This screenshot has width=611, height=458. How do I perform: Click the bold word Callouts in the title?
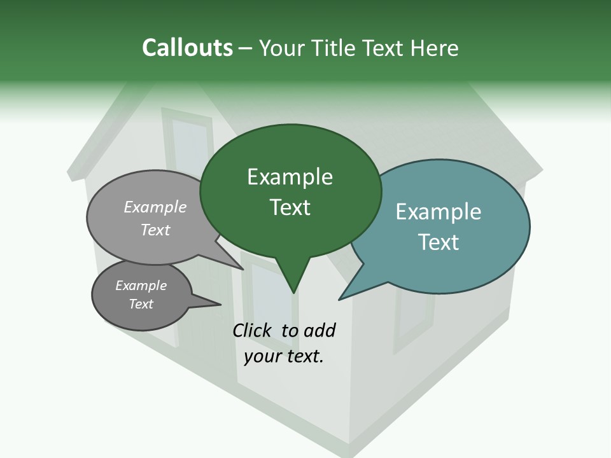tap(187, 48)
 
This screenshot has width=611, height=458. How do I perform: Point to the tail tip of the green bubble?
tap(293, 292)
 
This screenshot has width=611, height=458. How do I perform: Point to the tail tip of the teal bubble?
tap(341, 299)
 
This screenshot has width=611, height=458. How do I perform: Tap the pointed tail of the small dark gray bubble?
tap(218, 304)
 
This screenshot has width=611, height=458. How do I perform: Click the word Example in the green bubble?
tap(290, 177)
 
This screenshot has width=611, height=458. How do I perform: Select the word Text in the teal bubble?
tap(439, 242)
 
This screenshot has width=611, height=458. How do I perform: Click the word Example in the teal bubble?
tap(439, 212)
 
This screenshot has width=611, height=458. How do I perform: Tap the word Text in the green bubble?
tap(290, 207)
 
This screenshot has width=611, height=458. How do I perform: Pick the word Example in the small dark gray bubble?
tap(141, 286)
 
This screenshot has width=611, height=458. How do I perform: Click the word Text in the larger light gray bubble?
tap(155, 230)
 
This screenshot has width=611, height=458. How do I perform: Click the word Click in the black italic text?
tap(253, 330)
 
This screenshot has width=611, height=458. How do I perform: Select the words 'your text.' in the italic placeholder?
tap(284, 356)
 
